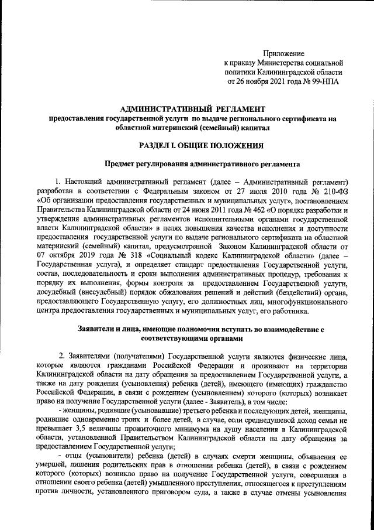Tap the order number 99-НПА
coord(323,81)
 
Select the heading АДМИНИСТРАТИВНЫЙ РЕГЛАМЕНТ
coord(192,108)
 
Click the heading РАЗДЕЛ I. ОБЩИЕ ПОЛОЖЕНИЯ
coord(193,145)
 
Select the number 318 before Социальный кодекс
coord(127,256)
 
